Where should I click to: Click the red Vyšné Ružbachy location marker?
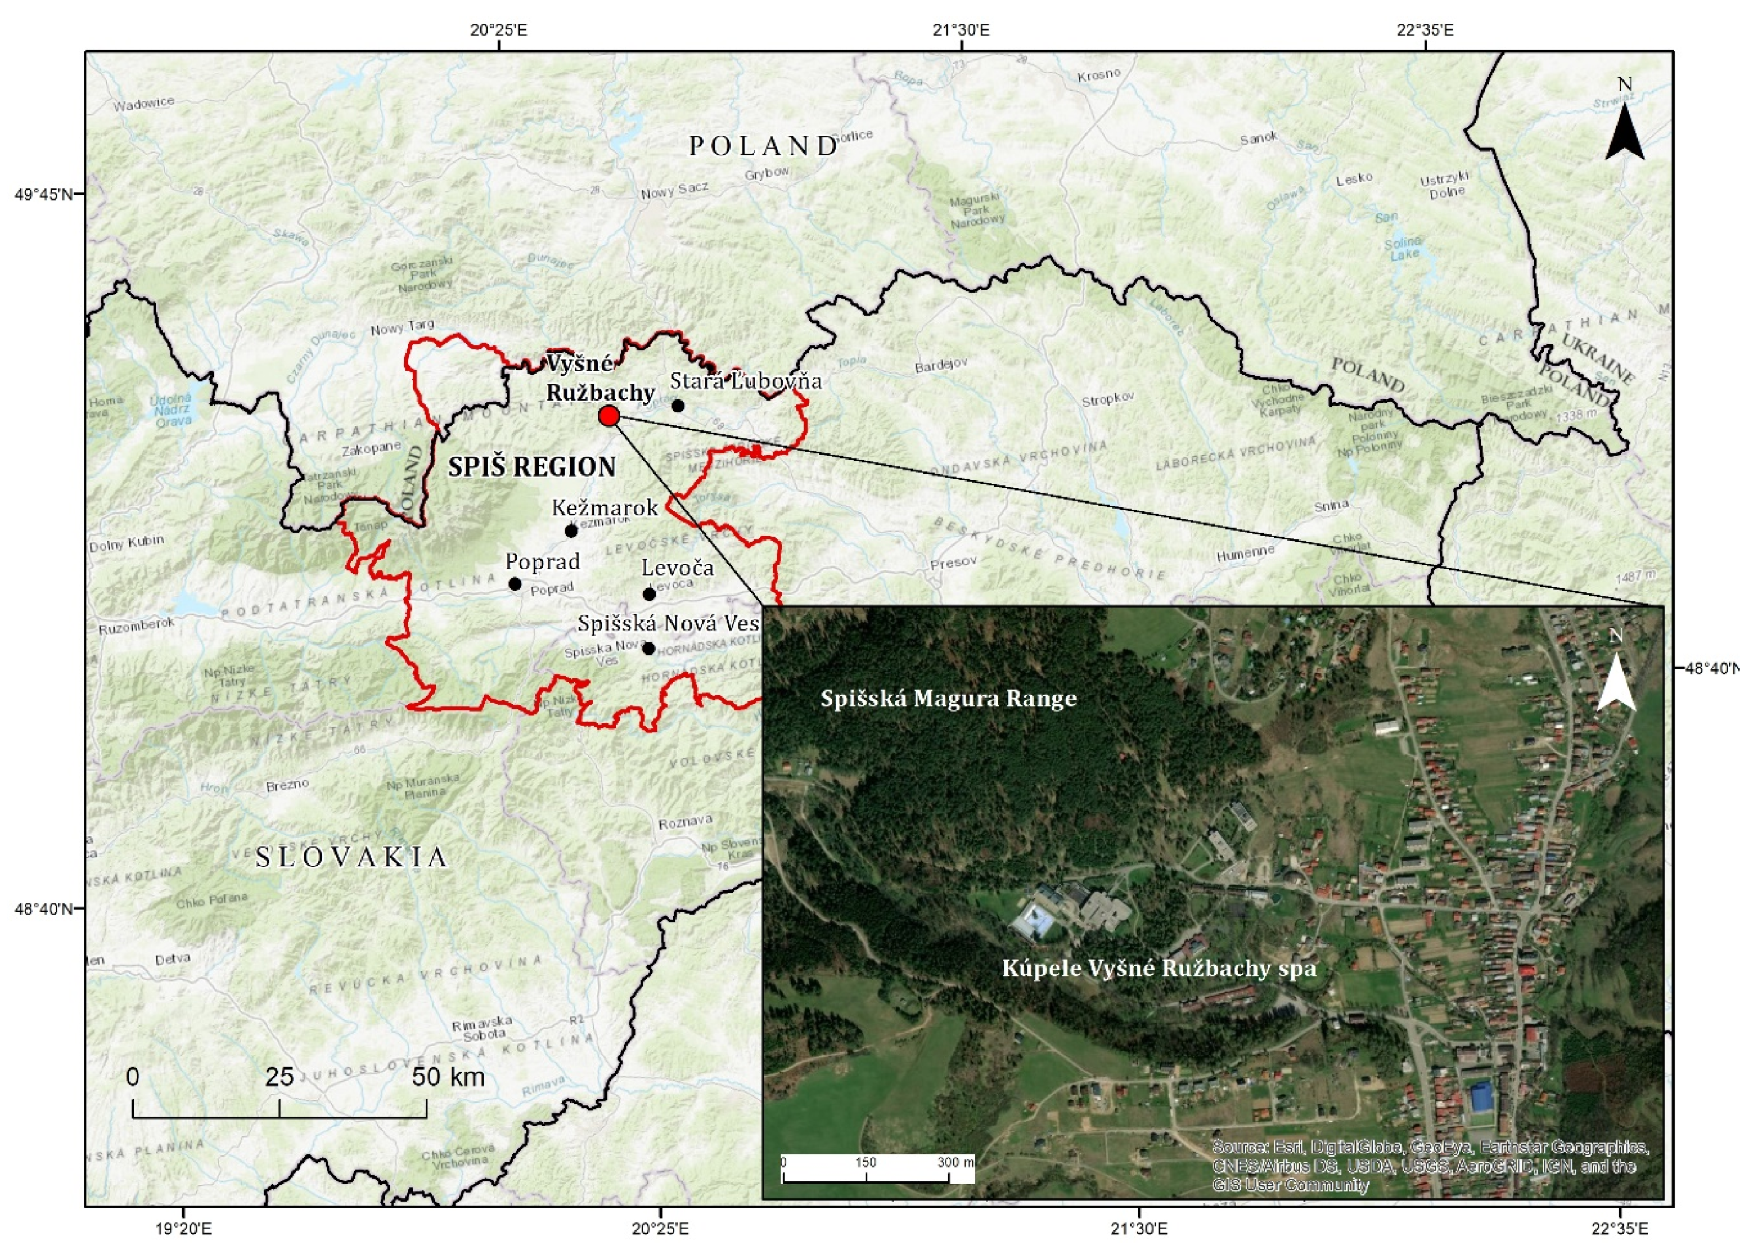click(x=609, y=416)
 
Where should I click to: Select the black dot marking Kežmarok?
click(x=571, y=531)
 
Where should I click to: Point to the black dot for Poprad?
click(x=515, y=584)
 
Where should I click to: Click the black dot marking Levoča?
click(x=649, y=594)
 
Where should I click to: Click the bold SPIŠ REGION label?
click(x=532, y=467)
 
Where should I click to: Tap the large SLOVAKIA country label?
click(x=351, y=857)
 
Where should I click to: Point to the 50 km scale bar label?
click(x=448, y=1077)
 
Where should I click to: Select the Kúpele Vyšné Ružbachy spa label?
click(x=1159, y=968)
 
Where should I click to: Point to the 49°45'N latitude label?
click(x=43, y=193)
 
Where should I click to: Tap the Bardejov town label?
click(x=941, y=365)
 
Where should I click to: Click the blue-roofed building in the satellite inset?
click(x=1480, y=1097)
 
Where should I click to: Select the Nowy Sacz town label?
click(x=674, y=191)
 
